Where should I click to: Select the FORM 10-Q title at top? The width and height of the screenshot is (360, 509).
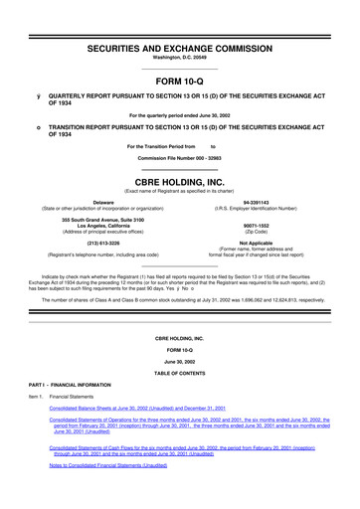[179, 81]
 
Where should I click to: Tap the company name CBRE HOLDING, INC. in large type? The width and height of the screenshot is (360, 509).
[179, 182]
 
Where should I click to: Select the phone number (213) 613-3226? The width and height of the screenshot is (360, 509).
[95, 242]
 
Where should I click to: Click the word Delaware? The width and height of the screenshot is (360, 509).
[95, 201]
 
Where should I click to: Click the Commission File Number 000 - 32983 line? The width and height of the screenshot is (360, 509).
[179, 158]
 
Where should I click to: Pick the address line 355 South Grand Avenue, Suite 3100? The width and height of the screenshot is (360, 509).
[95, 218]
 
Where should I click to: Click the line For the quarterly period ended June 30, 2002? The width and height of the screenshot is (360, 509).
[179, 115]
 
